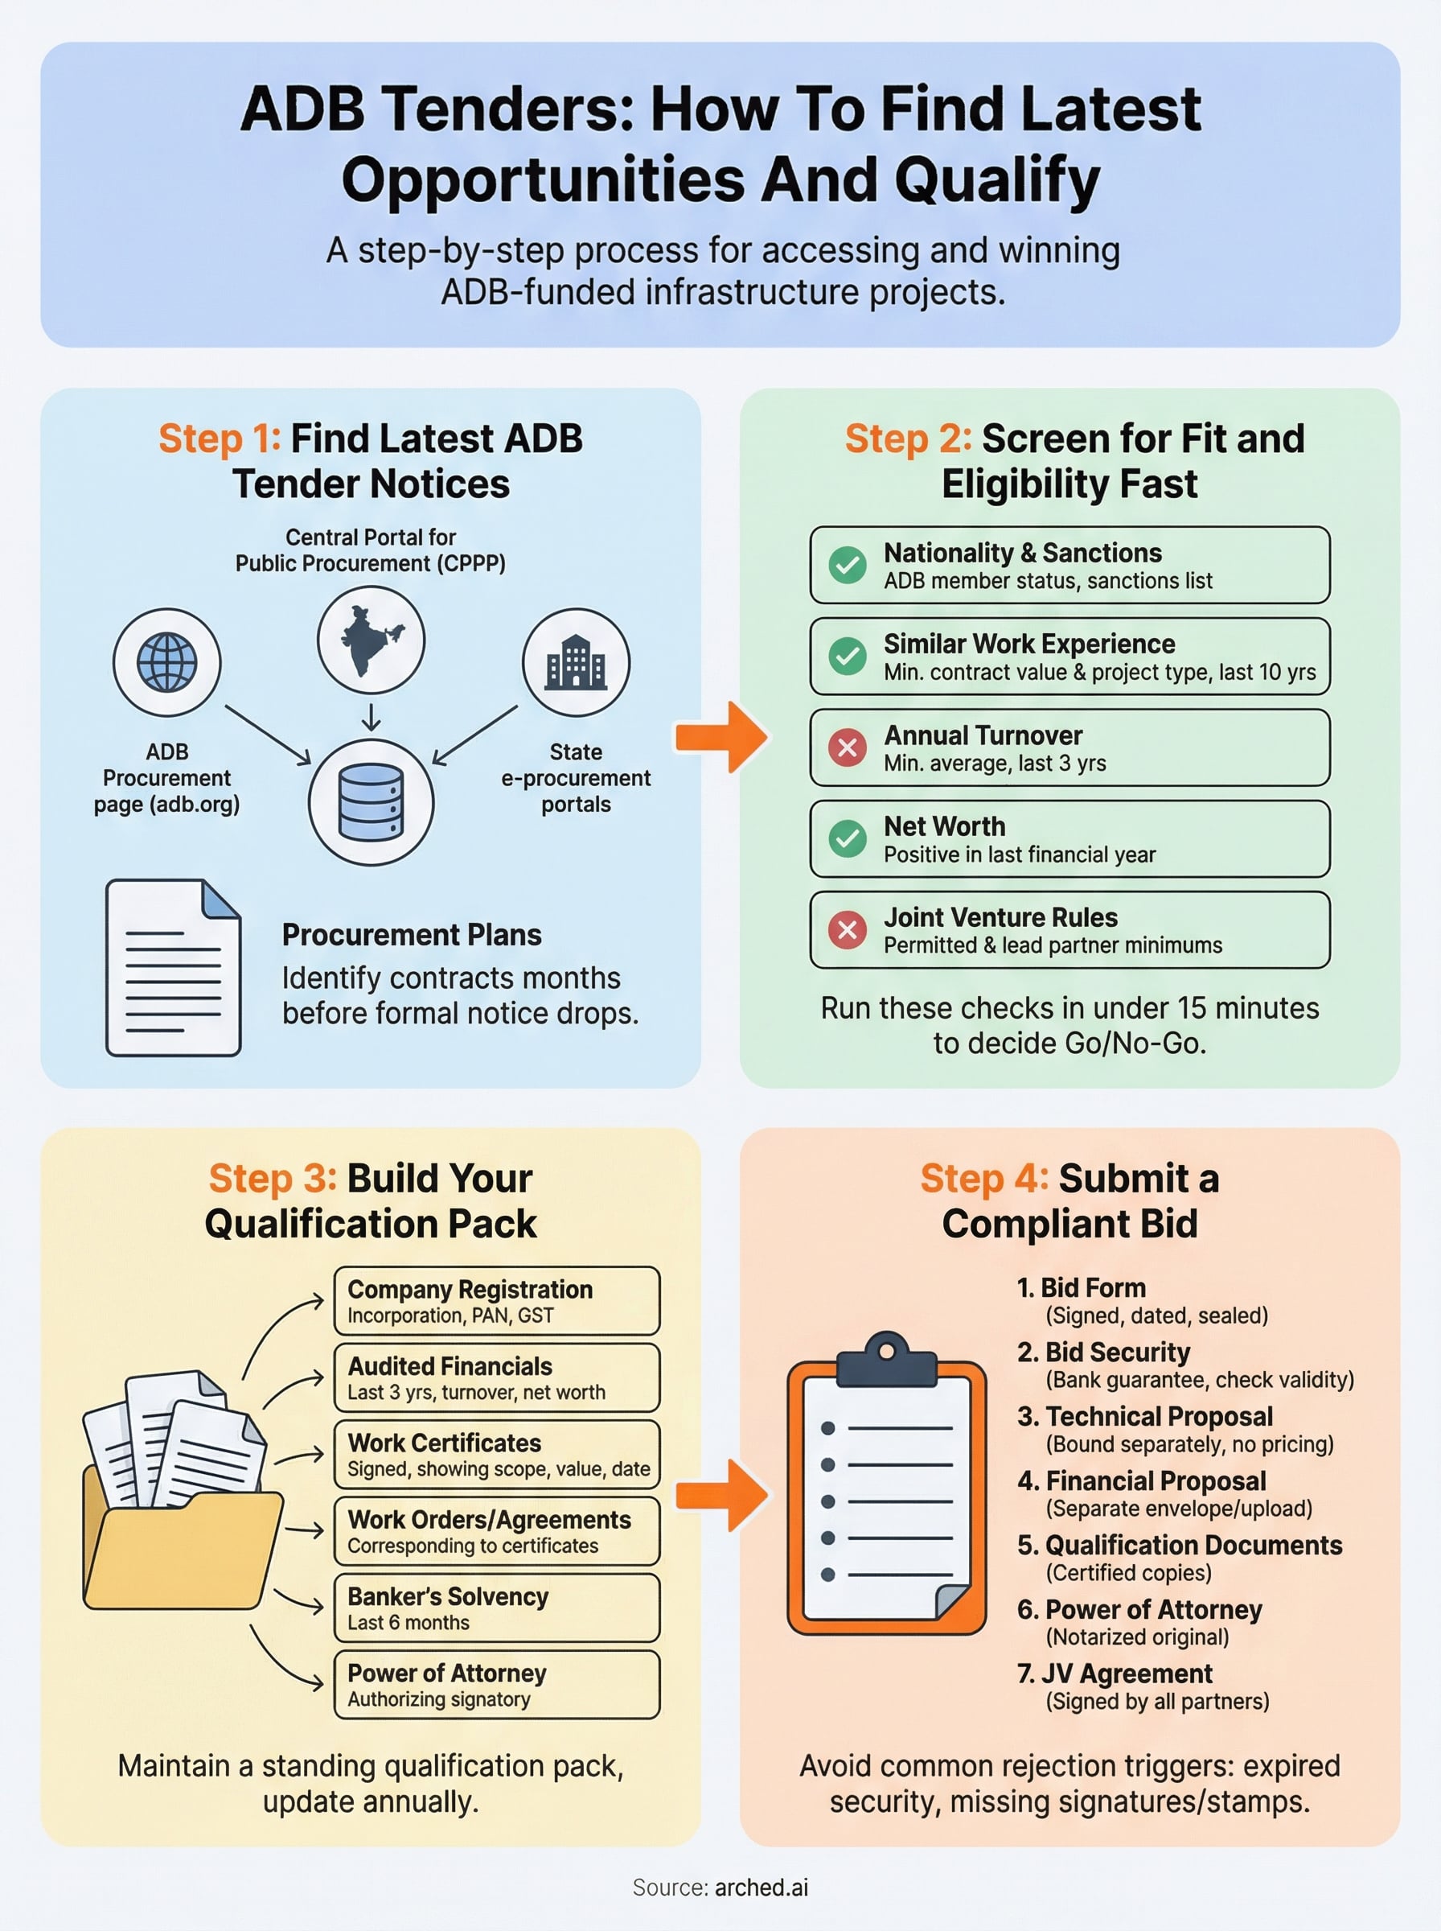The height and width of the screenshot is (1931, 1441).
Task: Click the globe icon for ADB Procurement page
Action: (166, 662)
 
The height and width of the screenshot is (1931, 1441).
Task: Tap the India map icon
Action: (371, 640)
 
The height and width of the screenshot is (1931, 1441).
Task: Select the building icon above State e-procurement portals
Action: (576, 662)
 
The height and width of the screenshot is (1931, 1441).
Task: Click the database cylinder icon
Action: (371, 801)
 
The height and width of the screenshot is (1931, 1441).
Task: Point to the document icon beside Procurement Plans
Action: (173, 967)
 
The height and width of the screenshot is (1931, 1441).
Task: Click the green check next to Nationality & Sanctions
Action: (847, 565)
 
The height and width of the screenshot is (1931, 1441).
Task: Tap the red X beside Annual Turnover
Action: (847, 747)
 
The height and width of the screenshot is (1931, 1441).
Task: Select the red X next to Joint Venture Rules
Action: (847, 929)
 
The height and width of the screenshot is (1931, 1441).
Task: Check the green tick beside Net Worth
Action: (847, 838)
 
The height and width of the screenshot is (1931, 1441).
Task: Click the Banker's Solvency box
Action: (496, 1608)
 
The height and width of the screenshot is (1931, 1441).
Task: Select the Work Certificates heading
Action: (444, 1443)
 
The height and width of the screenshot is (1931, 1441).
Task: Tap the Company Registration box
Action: (496, 1300)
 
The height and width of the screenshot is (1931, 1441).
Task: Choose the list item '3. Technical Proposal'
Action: (1144, 1416)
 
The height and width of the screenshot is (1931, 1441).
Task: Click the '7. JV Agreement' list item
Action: (1114, 1673)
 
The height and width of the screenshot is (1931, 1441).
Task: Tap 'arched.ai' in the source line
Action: (761, 1888)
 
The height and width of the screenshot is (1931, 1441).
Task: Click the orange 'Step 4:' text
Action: (984, 1178)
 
